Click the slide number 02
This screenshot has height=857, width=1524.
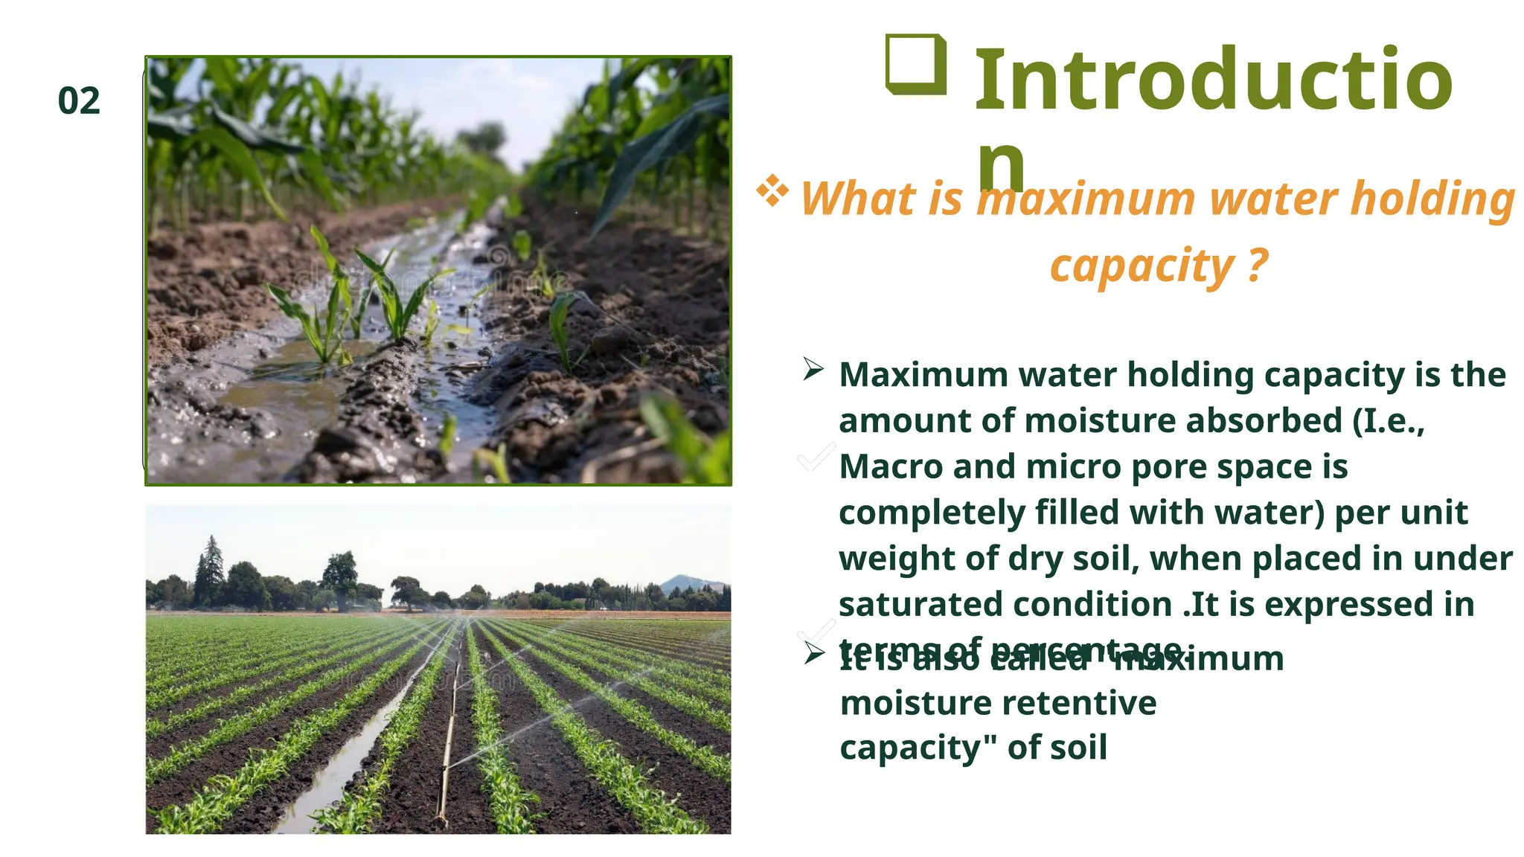[79, 101]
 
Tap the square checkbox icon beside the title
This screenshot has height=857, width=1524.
[916, 65]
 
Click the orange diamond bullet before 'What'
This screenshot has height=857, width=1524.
[772, 190]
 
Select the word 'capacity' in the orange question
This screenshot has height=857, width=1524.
[1142, 266]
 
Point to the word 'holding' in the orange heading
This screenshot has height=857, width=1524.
[1432, 199]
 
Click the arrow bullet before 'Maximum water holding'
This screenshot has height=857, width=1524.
[813, 369]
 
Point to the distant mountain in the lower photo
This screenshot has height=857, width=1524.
[688, 583]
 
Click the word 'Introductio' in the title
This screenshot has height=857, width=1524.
[1213, 80]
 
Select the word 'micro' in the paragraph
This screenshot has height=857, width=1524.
[1072, 467]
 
